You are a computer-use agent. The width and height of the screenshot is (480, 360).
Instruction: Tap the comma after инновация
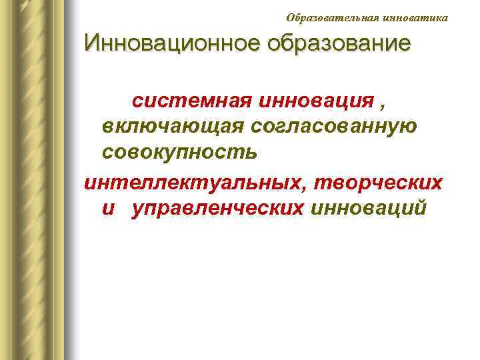point(382,105)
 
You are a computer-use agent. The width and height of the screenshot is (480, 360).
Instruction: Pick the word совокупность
point(179,153)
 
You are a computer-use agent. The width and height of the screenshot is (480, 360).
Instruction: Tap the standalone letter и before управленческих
point(109,209)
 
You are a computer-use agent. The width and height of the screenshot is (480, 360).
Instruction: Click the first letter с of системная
point(137,102)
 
